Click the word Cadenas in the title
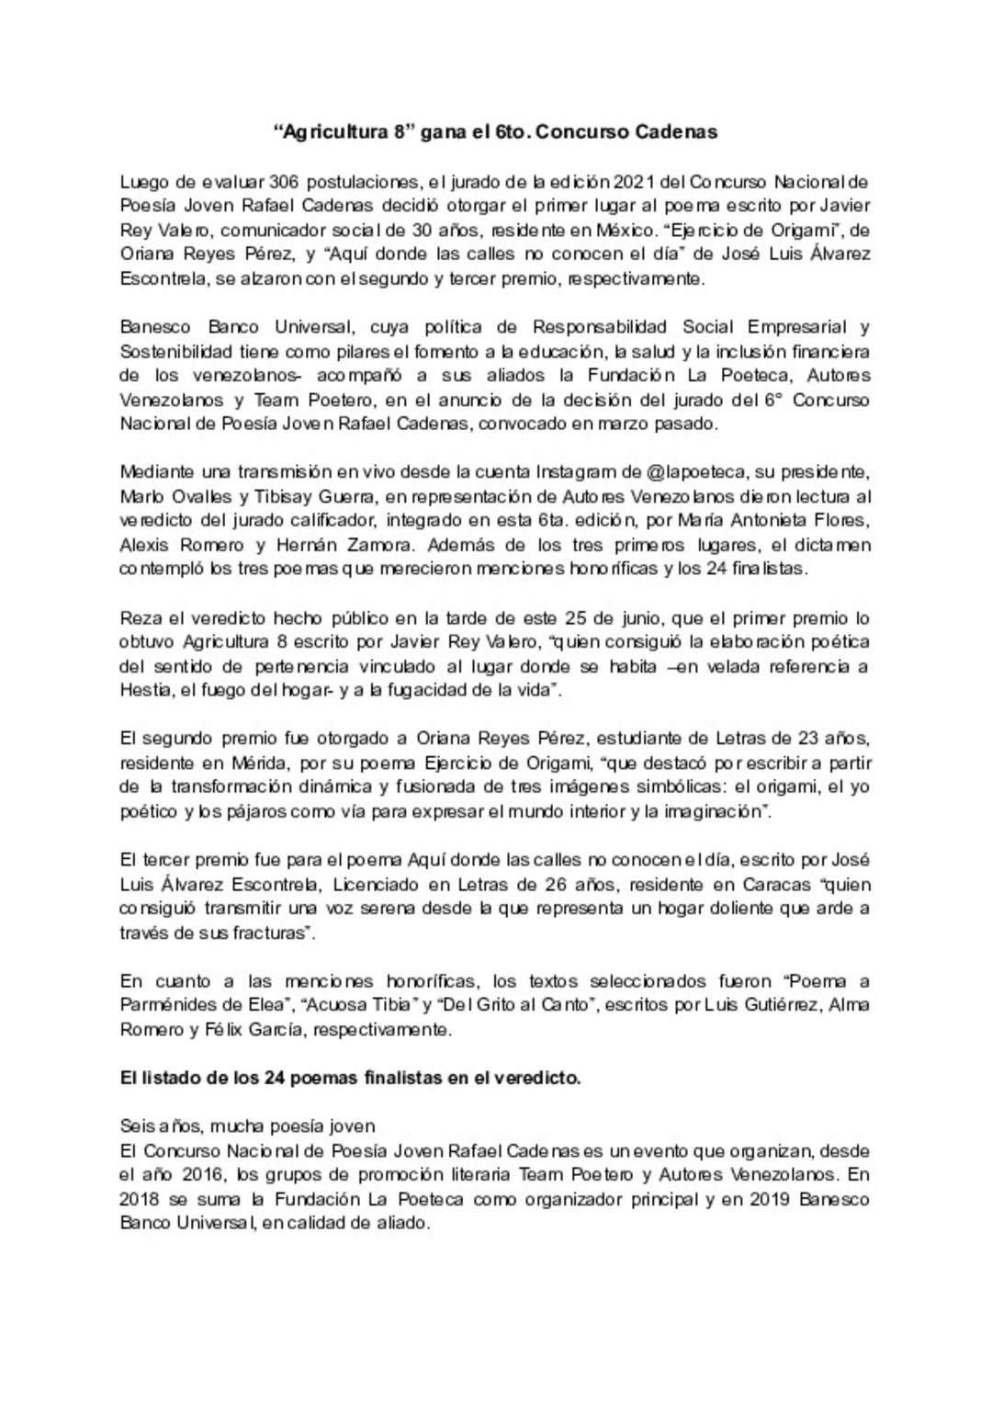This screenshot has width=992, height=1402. pyautogui.click(x=677, y=131)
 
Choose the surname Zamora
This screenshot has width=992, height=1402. pyautogui.click(x=377, y=544)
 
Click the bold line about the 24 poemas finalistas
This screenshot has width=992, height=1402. pyautogui.click(x=350, y=1079)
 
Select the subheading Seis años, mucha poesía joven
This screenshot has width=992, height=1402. pyautogui.click(x=248, y=1126)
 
